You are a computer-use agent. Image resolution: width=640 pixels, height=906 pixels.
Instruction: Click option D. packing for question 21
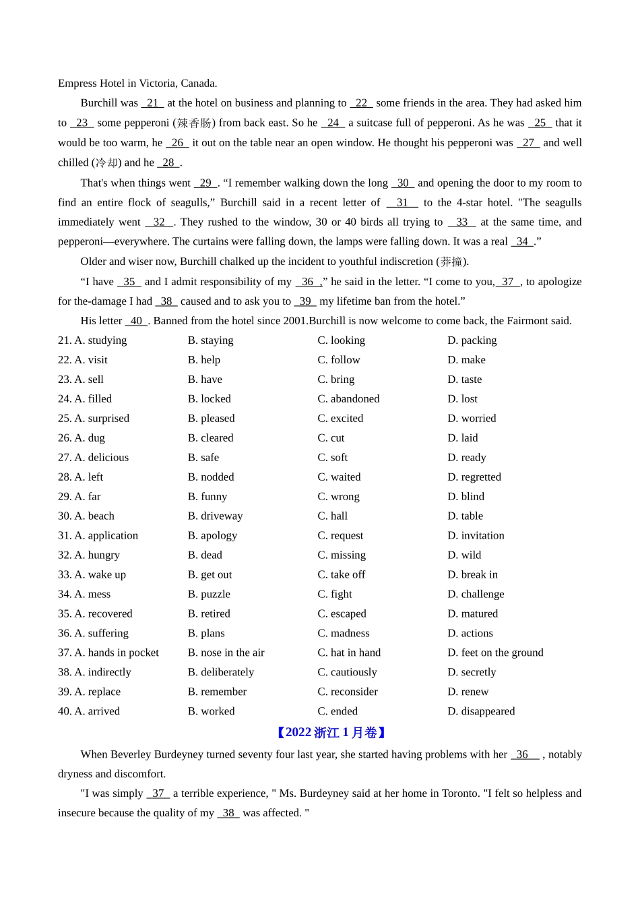point(472,340)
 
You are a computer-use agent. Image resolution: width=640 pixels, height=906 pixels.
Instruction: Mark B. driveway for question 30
point(215,516)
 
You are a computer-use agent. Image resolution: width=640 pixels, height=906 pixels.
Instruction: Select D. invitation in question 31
point(476,536)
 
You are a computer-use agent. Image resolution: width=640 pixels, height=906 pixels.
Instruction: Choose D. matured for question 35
point(472,614)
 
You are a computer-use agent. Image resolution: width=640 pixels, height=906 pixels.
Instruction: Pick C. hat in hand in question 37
point(349,653)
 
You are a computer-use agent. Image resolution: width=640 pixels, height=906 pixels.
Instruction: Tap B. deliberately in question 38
point(221,673)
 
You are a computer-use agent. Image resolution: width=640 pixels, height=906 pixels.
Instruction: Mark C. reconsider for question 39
point(348,692)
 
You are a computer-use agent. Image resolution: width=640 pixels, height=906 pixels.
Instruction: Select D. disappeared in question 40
point(481,712)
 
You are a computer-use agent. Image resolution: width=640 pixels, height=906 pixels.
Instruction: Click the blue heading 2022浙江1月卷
point(331,733)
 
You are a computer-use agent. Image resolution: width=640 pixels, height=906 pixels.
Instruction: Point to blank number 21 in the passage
point(152,103)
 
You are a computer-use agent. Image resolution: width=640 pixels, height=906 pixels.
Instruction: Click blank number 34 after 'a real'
point(522,242)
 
